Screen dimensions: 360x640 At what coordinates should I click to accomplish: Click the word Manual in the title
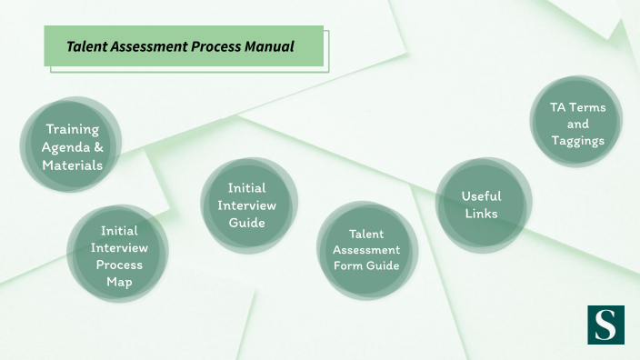click(x=269, y=45)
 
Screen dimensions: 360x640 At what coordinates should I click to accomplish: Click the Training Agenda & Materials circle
click(x=72, y=147)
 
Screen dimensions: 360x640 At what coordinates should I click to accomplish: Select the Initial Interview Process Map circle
click(x=119, y=255)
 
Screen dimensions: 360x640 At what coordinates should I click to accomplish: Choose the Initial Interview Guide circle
click(x=247, y=205)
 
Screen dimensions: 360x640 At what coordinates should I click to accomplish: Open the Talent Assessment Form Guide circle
click(x=366, y=250)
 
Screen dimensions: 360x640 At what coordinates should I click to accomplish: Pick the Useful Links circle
click(x=482, y=205)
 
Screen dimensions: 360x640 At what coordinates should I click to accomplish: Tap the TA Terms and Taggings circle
click(x=577, y=124)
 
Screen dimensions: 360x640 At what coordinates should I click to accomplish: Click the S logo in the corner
click(x=605, y=325)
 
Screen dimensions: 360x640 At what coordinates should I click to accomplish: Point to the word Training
click(x=72, y=129)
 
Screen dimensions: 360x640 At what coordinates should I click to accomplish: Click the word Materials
click(x=72, y=165)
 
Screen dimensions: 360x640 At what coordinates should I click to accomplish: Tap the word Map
click(x=119, y=282)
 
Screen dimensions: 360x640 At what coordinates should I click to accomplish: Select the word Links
click(x=482, y=214)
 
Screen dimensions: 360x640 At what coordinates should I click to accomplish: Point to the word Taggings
click(x=577, y=141)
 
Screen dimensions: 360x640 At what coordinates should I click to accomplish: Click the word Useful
click(x=482, y=195)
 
